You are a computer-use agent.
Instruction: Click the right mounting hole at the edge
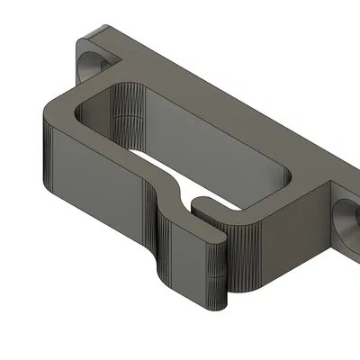[x=347, y=217]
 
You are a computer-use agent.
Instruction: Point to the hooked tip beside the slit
[x=200, y=210]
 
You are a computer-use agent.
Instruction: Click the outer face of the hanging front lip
[x=189, y=256]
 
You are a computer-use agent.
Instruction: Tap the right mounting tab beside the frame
[x=337, y=202]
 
